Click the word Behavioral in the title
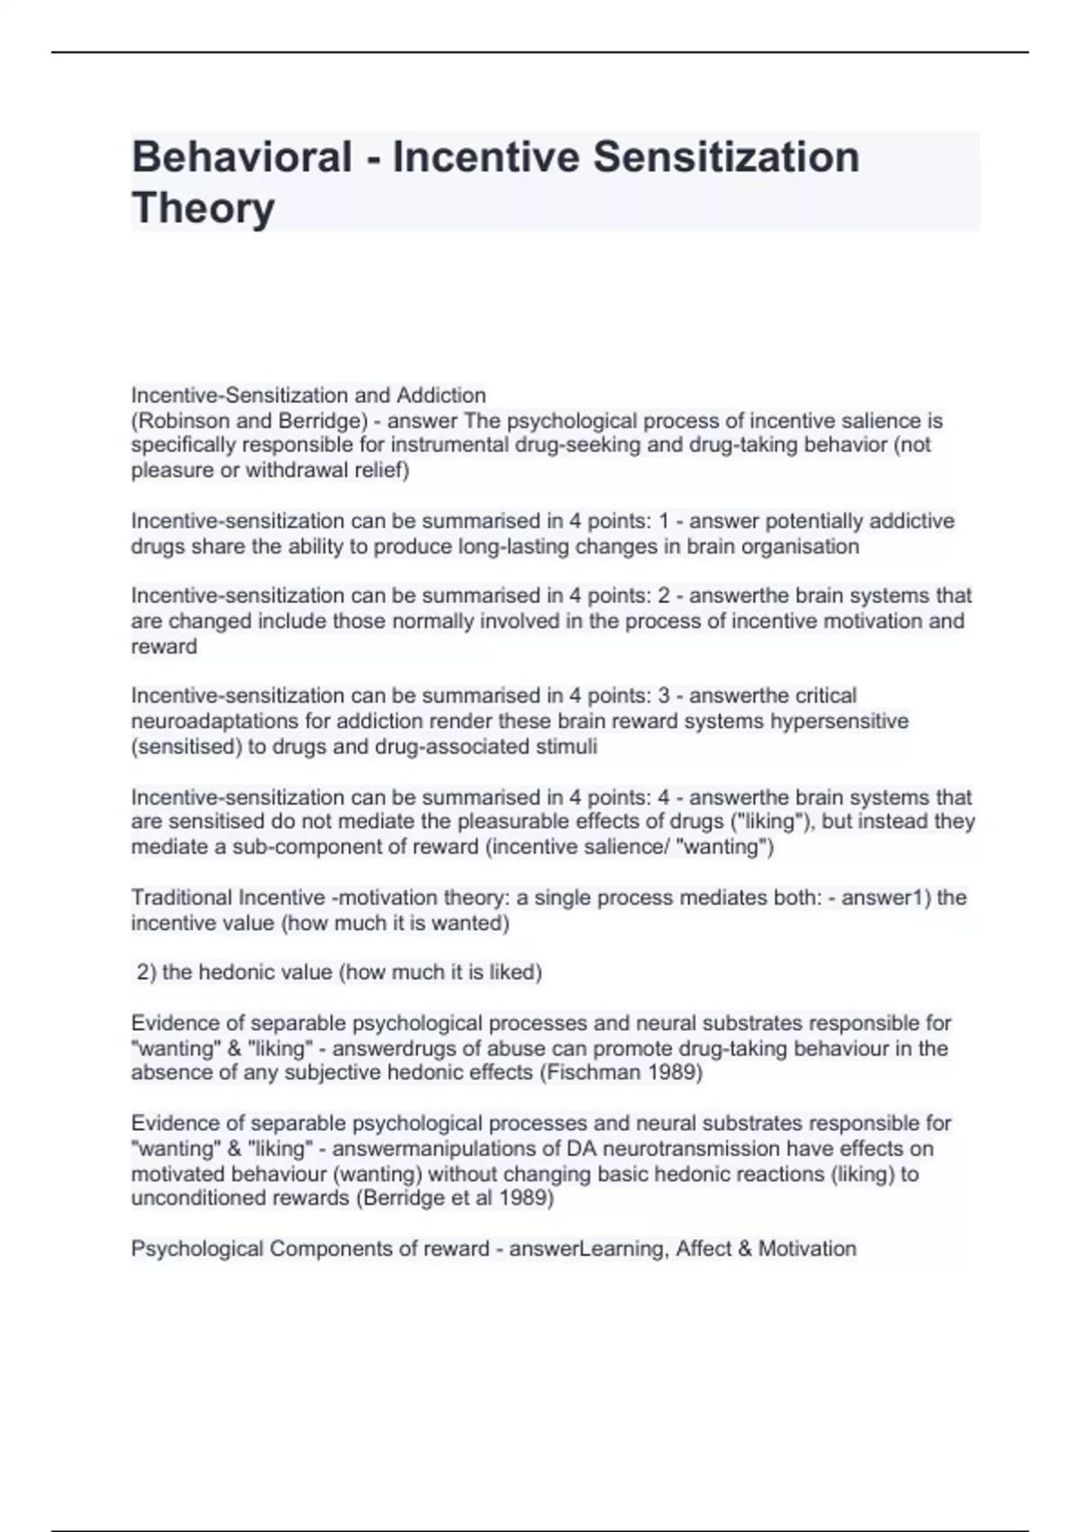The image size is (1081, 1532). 241,157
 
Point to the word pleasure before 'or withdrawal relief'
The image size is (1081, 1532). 170,470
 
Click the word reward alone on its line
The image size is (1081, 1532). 164,646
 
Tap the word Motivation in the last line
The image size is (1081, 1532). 807,1249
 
